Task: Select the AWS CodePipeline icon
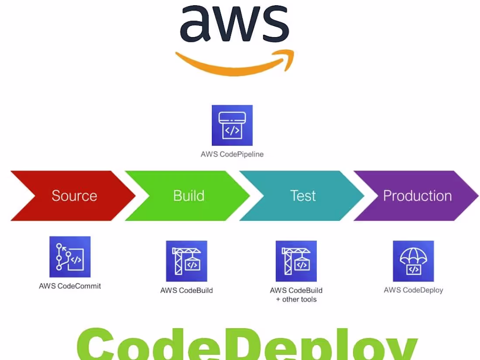tap(232, 125)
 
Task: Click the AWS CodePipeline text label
tap(232, 154)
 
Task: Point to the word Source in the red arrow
tap(74, 196)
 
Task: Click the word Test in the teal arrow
tap(303, 196)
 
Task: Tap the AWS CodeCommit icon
tap(70, 257)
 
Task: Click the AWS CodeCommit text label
tap(70, 286)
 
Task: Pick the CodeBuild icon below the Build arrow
tap(186, 261)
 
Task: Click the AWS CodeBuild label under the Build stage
tap(186, 290)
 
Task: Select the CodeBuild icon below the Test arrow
tap(296, 261)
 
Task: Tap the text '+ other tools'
tap(296, 299)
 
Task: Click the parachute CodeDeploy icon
tap(413, 261)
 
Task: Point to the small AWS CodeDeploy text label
tap(413, 290)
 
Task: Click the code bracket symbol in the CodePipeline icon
tap(232, 130)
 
